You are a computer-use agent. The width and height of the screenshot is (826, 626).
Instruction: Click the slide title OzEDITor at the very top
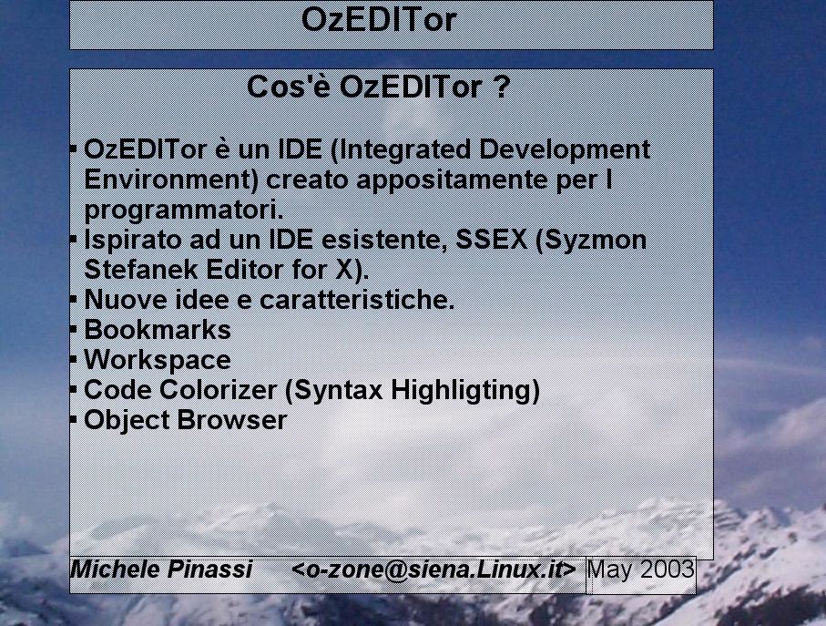point(379,19)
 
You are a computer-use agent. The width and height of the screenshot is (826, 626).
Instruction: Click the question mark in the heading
point(503,87)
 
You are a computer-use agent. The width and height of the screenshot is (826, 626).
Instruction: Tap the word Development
point(565,149)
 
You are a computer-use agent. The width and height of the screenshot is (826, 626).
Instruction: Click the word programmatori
point(184,210)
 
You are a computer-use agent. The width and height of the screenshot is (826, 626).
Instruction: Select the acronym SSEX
point(491,240)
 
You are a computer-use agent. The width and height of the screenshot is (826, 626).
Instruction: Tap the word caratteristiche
point(357,299)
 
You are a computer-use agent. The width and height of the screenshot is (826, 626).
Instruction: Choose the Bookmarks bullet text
point(158,329)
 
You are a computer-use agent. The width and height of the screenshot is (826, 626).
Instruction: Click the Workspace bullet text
point(158,360)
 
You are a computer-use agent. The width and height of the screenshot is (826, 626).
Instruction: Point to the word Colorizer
point(218,390)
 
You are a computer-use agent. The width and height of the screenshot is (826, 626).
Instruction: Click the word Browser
point(232,420)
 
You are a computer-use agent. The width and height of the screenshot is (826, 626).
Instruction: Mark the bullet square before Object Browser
point(73,420)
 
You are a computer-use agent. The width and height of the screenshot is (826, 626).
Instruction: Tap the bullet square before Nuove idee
point(73,299)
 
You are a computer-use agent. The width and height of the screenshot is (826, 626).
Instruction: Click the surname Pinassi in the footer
point(209,570)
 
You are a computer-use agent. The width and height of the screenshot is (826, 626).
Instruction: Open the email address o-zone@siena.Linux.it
point(434,570)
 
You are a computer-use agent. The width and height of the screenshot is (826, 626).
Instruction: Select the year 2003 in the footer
point(668,570)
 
